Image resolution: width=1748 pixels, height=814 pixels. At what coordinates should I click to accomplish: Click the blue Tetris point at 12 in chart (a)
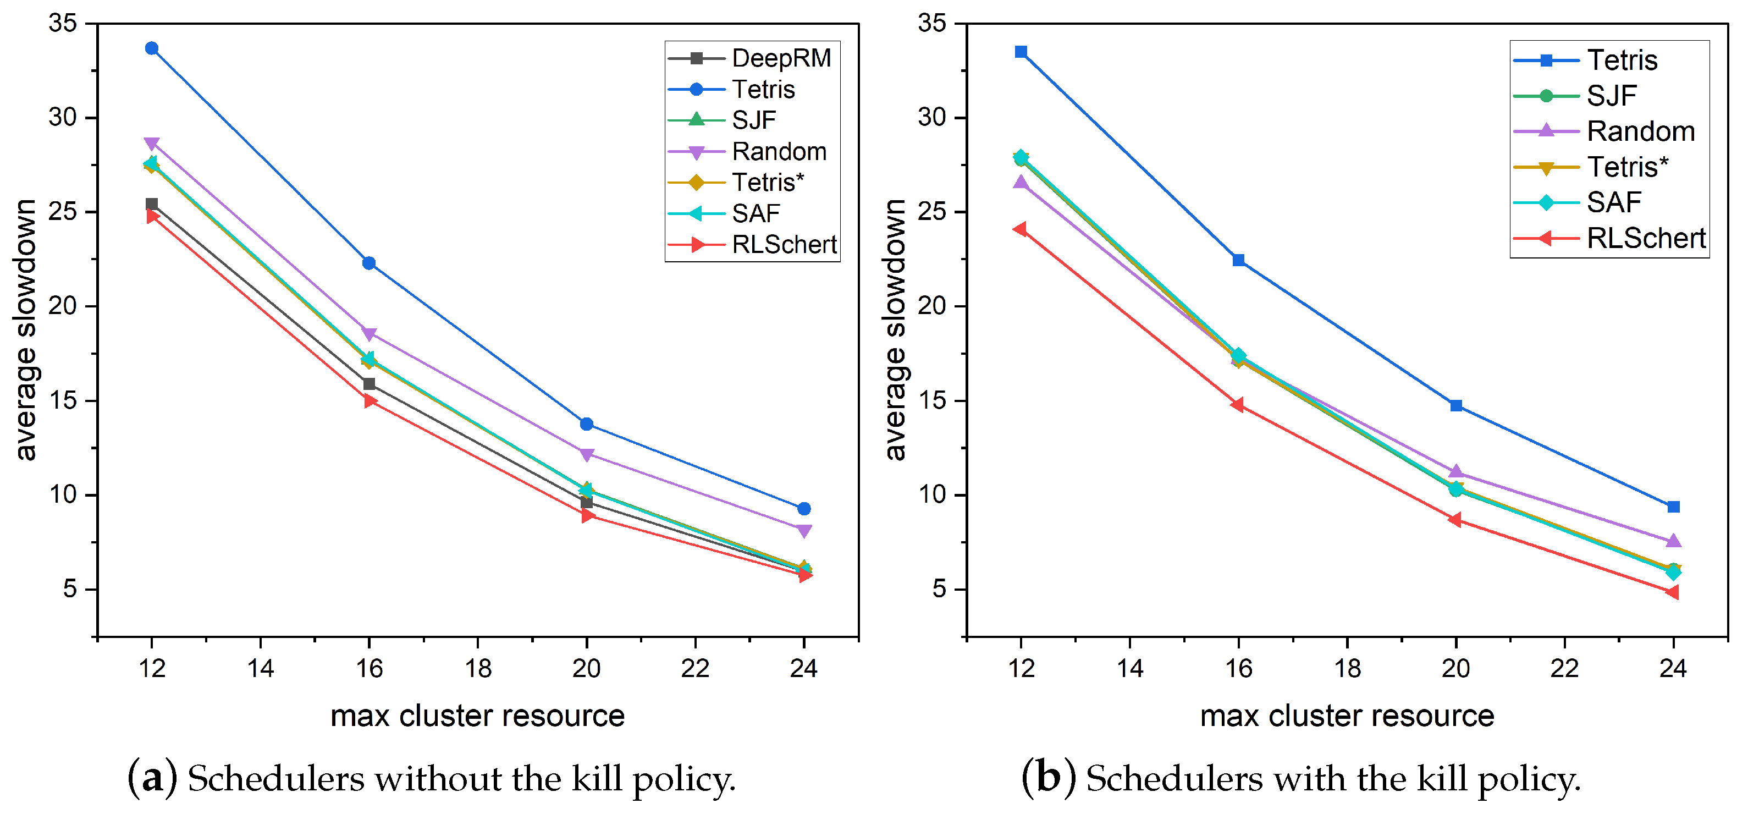pos(152,48)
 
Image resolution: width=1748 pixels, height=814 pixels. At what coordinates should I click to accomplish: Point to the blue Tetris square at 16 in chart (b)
pos(1238,260)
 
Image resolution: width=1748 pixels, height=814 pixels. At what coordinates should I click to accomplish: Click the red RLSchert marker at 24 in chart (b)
pos(1673,592)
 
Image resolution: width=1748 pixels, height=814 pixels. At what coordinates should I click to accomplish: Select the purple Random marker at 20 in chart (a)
pos(587,454)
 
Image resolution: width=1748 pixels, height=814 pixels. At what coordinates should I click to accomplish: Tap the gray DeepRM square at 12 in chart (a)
pos(152,205)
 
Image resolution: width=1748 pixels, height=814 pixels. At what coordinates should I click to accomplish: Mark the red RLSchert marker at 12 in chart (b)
pos(1020,229)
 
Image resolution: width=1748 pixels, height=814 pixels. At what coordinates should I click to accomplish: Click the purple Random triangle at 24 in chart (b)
pos(1673,541)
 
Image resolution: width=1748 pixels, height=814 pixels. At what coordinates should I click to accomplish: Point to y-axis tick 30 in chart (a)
pos(63,118)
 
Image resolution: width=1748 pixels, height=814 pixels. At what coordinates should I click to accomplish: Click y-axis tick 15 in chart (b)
pos(933,400)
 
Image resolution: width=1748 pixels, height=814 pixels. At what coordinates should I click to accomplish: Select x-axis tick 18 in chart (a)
pos(478,669)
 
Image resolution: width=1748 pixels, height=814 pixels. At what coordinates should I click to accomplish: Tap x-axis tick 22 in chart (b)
pos(1564,669)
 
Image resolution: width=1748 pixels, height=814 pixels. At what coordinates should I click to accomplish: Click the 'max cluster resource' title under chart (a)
pos(477,716)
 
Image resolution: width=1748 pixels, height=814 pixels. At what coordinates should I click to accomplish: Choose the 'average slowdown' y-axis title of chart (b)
pos(895,330)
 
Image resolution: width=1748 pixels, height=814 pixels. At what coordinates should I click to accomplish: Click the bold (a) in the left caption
pos(153,778)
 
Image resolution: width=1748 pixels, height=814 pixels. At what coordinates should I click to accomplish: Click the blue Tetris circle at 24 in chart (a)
pos(804,509)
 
